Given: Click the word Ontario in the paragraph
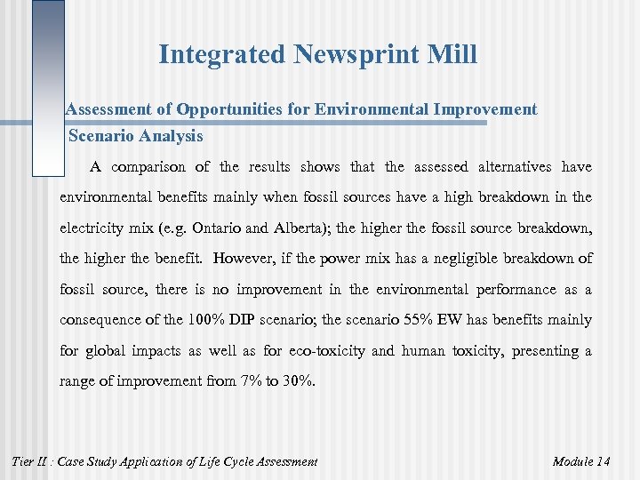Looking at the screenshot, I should tap(212, 228).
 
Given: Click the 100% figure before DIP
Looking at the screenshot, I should tap(207, 320).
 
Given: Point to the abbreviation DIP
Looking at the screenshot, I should tap(254, 320).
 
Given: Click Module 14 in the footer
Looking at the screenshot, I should tap(581, 461).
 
